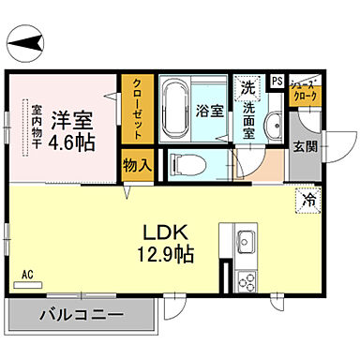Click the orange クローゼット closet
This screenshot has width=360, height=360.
click(136, 107)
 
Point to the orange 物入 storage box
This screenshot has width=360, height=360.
click(136, 165)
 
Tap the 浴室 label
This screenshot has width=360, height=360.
click(211, 110)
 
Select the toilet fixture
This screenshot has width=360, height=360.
click(187, 165)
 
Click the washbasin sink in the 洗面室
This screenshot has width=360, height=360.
click(275, 127)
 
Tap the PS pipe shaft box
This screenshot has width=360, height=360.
click(277, 81)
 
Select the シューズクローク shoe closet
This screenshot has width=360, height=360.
click(305, 90)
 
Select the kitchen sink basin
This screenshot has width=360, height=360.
click(247, 238)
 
